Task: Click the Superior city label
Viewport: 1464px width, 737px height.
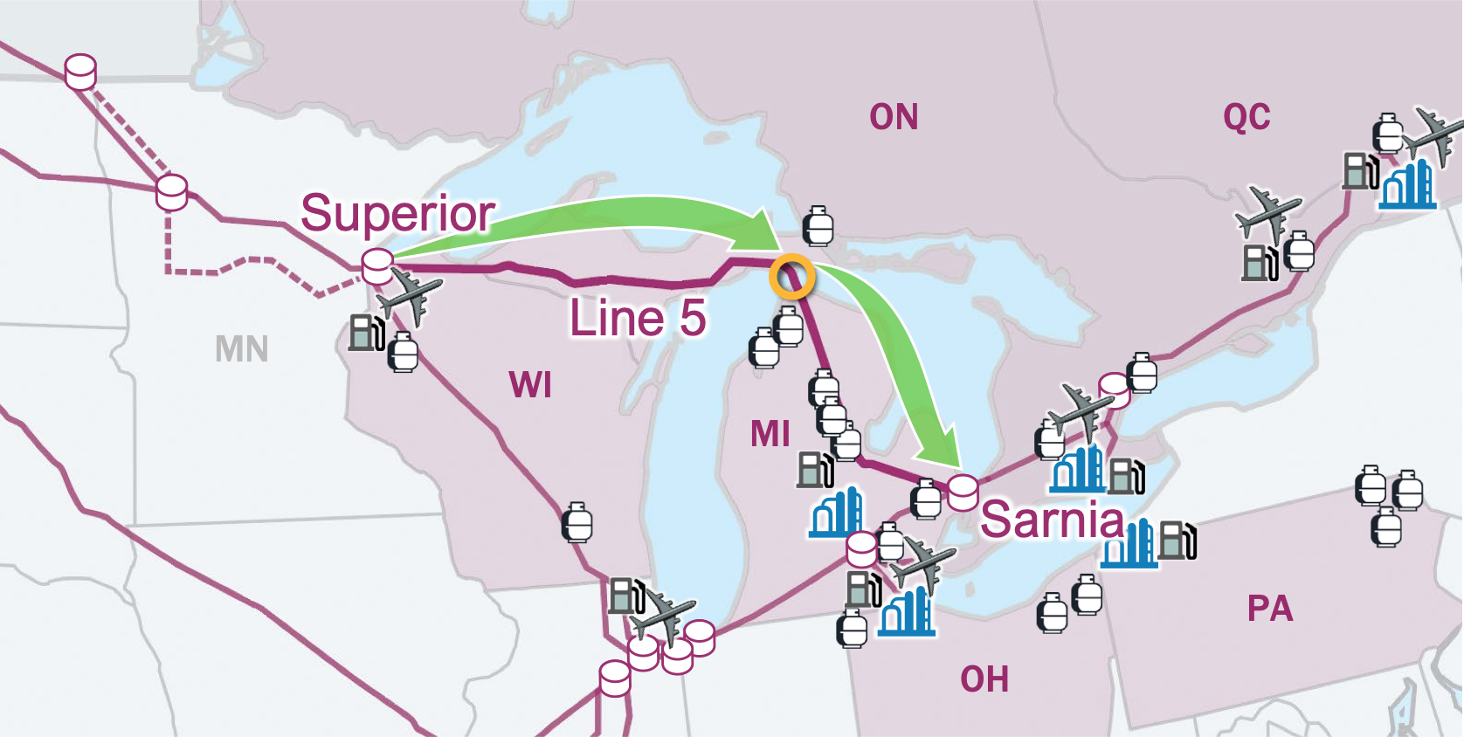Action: point(397,214)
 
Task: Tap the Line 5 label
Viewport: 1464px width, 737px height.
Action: point(638,318)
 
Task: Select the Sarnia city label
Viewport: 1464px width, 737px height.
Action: point(1052,520)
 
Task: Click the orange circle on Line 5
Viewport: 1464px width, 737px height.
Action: point(791,277)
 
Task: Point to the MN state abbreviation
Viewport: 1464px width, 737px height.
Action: point(241,349)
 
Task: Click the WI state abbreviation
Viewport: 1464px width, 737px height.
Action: point(530,385)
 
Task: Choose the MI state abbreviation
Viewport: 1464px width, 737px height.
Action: point(770,434)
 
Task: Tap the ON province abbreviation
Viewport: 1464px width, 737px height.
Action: point(894,117)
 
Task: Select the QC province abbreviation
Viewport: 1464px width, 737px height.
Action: point(1246,117)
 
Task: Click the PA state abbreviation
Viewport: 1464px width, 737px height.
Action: point(1269,609)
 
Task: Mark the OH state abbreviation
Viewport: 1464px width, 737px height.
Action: point(984,679)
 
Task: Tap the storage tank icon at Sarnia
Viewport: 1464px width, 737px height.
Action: point(963,492)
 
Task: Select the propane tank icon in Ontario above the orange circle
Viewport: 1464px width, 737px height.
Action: point(818,226)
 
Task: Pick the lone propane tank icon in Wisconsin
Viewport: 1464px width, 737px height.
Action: point(577,523)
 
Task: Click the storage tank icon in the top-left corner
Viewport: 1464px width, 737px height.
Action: point(81,72)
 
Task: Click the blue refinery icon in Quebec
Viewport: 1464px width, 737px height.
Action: point(1406,185)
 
